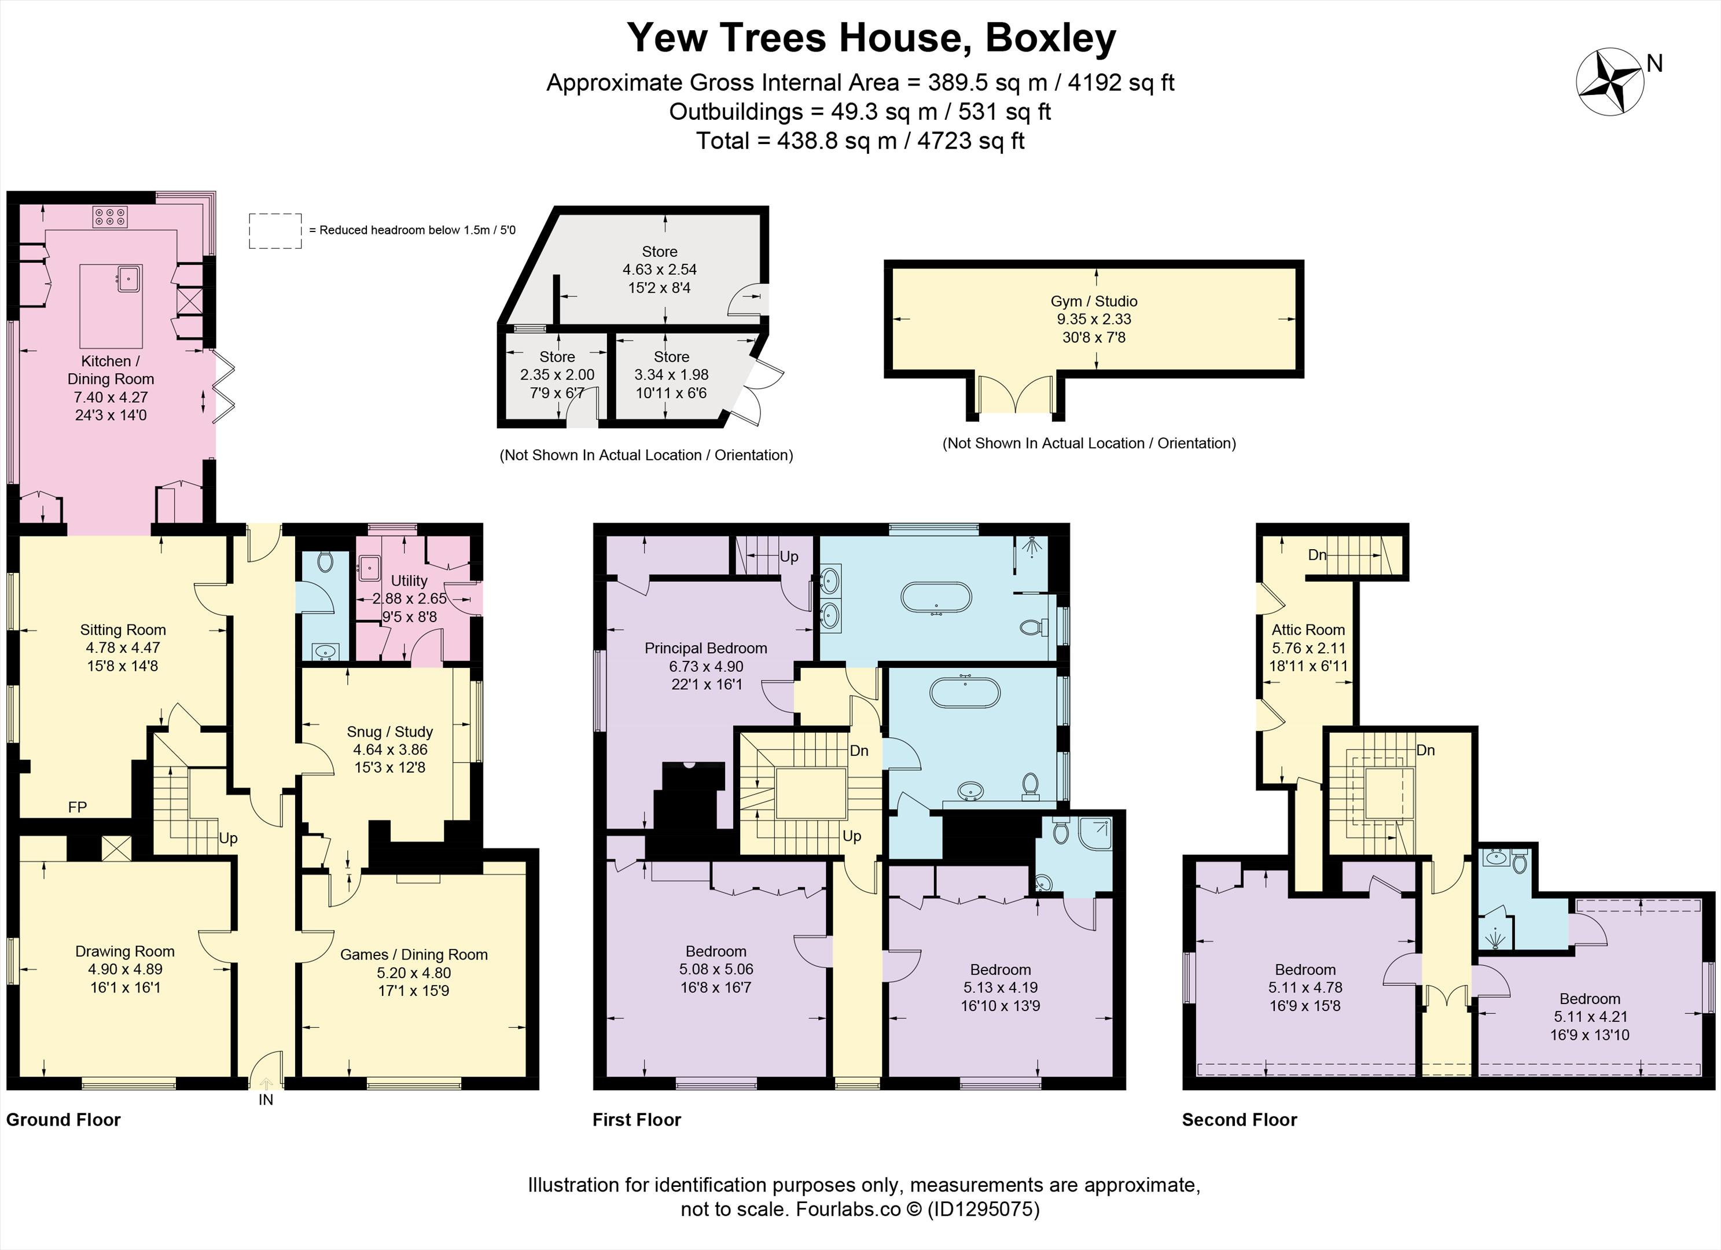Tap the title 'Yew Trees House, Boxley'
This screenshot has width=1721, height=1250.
point(871,38)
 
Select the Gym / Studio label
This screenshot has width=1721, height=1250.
point(1094,302)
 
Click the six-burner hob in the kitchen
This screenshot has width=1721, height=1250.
point(110,217)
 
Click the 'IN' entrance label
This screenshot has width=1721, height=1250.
point(266,1099)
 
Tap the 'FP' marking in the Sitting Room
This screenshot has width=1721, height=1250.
point(78,807)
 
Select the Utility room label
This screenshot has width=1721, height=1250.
point(409,580)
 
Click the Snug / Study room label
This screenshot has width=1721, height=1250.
point(389,731)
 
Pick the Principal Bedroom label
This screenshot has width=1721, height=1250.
point(705,648)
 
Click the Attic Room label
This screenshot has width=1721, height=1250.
point(1308,630)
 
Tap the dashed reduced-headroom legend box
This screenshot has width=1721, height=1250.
point(275,231)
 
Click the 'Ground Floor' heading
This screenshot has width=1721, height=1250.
point(64,1119)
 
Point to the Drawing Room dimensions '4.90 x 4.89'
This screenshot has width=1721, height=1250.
point(124,969)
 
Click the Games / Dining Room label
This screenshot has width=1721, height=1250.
point(414,955)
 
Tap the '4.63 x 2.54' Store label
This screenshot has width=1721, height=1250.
point(660,270)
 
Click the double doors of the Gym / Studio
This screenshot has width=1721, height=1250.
point(1016,394)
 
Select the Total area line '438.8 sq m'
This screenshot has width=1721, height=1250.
point(860,141)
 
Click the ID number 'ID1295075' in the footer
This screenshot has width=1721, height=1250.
point(983,1208)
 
